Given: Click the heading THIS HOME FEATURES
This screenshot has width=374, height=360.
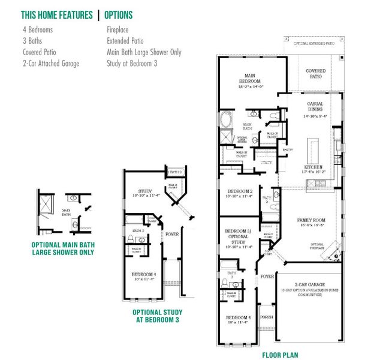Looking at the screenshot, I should pos(57,14).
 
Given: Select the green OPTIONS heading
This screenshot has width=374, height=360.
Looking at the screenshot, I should pos(119,14).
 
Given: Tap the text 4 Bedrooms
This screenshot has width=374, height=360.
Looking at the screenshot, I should pos(38,29).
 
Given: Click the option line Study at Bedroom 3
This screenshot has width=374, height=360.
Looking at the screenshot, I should pos(132,63).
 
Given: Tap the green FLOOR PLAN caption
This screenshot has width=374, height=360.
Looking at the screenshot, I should pos(280,354).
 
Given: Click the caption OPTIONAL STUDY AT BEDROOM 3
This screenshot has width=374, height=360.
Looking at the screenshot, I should pos(157,316).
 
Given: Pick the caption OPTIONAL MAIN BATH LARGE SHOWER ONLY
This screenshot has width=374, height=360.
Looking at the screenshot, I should pos(63,248).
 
